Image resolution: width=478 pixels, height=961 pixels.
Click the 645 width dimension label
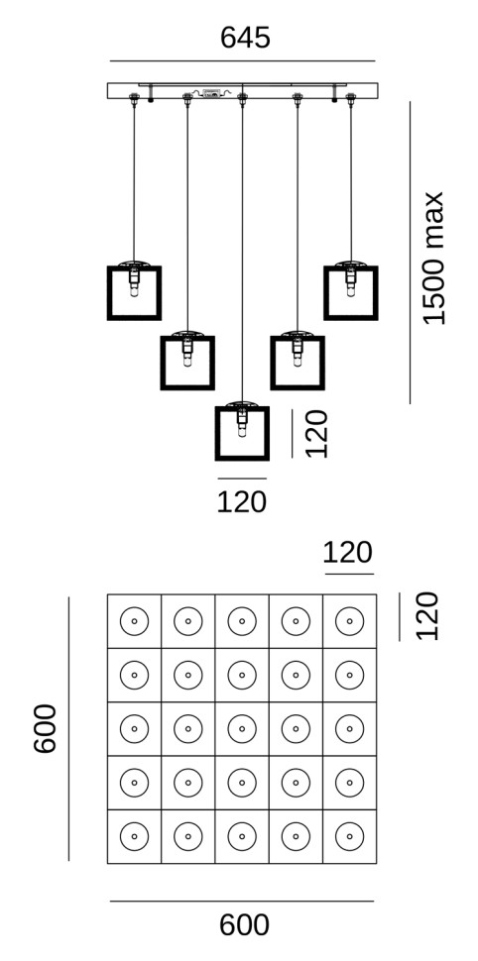245,38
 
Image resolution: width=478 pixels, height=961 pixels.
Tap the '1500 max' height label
433,258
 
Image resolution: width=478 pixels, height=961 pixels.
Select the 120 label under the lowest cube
242,502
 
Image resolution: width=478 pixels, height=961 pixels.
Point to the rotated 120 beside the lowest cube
316,434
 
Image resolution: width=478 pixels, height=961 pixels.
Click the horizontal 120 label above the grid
347,553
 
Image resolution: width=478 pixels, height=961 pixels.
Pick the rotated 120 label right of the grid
427,616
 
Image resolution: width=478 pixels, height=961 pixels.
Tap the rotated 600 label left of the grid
46,729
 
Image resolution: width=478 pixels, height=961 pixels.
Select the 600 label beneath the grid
244,925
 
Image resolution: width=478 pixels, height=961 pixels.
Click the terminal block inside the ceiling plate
211,94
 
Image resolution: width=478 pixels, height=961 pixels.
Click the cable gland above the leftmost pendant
134,98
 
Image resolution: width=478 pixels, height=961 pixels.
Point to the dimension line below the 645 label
242,61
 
